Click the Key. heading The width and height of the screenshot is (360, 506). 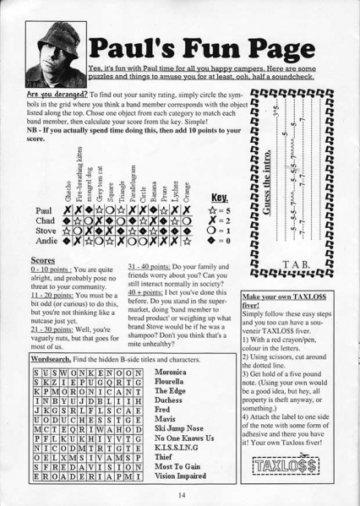pos(216,193)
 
